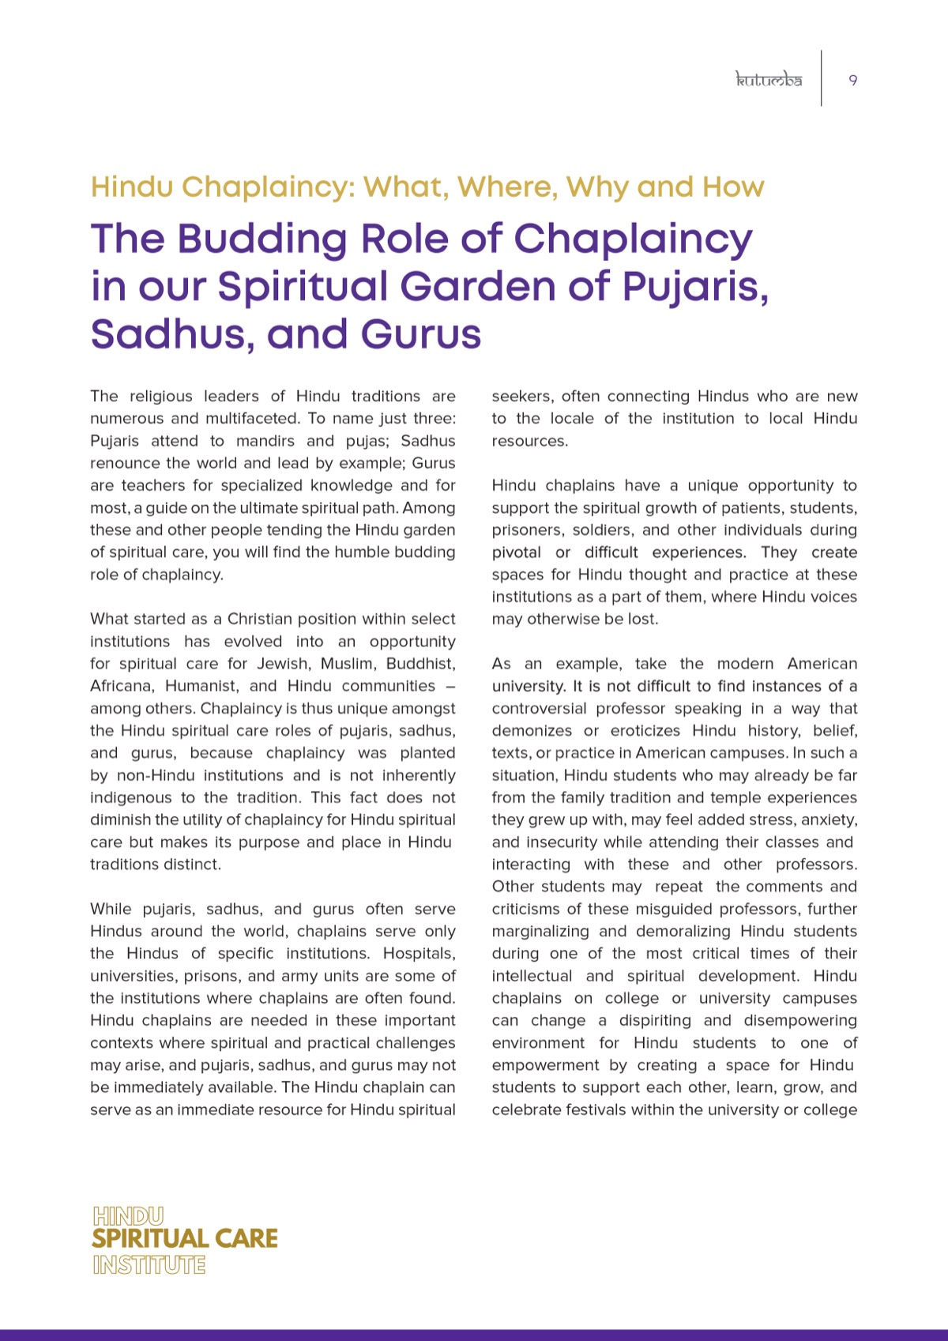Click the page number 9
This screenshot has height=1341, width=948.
853,80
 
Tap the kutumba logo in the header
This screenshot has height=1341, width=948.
769,80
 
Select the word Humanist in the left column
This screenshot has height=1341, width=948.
201,686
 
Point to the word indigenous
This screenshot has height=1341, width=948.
130,798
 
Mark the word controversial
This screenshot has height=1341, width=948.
539,709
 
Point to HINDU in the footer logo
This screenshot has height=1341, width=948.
128,1216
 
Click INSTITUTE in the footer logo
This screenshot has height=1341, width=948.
149,1265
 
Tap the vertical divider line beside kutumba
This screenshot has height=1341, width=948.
822,78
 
